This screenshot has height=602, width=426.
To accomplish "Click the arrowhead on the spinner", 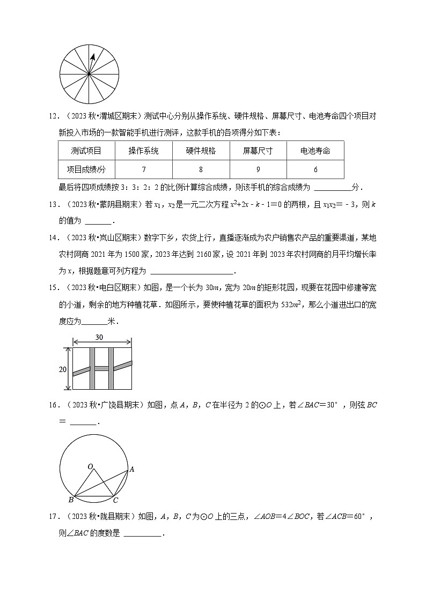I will tap(93, 56).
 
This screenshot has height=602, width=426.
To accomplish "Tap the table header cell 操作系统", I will tap(143, 151).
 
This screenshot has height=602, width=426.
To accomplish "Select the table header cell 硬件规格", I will tap(201, 151).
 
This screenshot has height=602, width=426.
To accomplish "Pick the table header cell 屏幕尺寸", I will tap(258, 151).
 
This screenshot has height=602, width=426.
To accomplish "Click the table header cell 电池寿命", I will tap(315, 151).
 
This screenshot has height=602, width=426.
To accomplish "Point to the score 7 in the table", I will tap(144, 169).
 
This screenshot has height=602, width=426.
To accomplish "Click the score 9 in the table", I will tap(258, 169).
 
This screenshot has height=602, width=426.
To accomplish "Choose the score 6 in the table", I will tap(315, 169).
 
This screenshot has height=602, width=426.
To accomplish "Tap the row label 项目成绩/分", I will tap(86, 169).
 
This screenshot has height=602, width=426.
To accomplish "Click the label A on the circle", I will tap(132, 470).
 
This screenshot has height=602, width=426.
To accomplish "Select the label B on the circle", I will tap(71, 500).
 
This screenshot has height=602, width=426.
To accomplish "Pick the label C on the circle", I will tap(115, 500).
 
